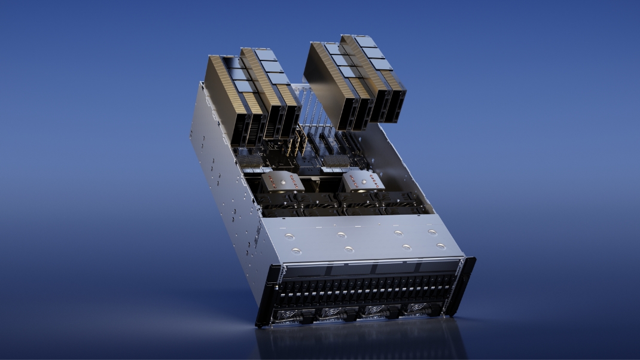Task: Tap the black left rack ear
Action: (x=266, y=296)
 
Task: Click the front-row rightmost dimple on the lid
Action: (x=441, y=246)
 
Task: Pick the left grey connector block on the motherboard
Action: (x=251, y=160)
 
